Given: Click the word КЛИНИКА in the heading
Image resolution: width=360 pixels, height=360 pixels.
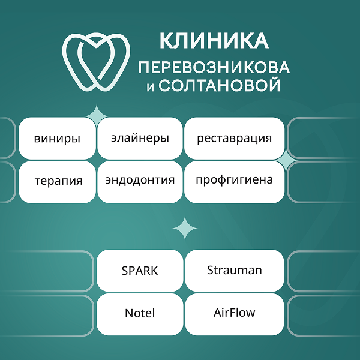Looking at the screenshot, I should click(x=213, y=41).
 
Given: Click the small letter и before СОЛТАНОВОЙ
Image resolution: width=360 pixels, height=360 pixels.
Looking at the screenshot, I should click(x=150, y=88).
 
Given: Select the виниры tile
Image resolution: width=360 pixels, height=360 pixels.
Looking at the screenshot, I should click(x=58, y=139).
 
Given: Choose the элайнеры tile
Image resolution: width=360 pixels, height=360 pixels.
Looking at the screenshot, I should click(x=140, y=138).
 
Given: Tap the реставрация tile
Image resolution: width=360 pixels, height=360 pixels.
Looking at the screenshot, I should click(x=234, y=138).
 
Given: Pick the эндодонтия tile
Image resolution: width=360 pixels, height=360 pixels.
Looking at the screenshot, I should click(x=140, y=180).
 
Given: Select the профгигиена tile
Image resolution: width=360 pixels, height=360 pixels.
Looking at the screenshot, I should click(x=234, y=180).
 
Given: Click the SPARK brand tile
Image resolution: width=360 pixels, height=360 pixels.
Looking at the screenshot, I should click(x=140, y=271).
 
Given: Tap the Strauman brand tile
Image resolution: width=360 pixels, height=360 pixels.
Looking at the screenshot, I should click(x=234, y=271).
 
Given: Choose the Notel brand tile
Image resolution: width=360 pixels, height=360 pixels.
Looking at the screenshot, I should click(x=140, y=314).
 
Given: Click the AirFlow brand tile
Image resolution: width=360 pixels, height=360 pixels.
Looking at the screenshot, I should click(x=234, y=313).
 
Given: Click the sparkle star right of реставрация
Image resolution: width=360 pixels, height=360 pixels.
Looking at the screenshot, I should click(x=290, y=159).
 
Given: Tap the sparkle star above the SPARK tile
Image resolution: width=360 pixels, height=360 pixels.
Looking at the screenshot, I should click(x=185, y=228).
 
